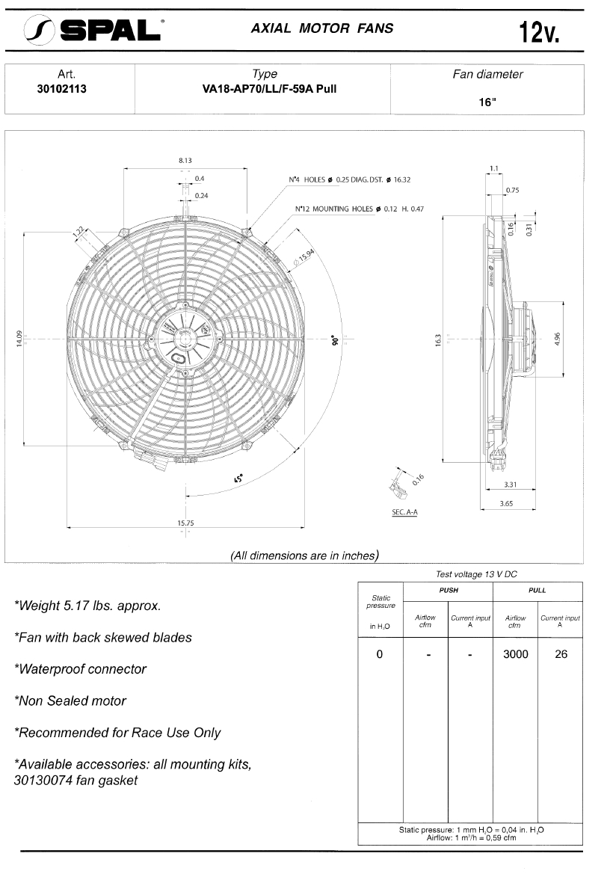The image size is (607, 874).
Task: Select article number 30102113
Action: click(x=67, y=87)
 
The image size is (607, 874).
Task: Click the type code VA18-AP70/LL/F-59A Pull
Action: click(x=265, y=87)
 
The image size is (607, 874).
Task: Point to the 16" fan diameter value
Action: click(x=487, y=102)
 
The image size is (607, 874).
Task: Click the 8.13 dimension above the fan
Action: click(x=185, y=160)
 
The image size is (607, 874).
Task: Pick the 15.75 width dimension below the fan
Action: click(x=185, y=523)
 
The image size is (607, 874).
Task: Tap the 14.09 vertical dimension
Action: click(x=20, y=338)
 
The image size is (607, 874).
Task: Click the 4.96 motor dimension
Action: click(x=558, y=338)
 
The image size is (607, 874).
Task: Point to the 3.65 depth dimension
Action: click(x=506, y=504)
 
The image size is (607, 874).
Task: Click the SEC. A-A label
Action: click(x=404, y=512)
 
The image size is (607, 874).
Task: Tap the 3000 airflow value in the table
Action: click(x=515, y=654)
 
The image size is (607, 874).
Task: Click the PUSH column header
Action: click(x=448, y=590)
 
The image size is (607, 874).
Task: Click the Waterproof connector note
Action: click(x=80, y=669)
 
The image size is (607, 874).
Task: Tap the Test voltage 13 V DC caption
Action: click(x=476, y=574)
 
